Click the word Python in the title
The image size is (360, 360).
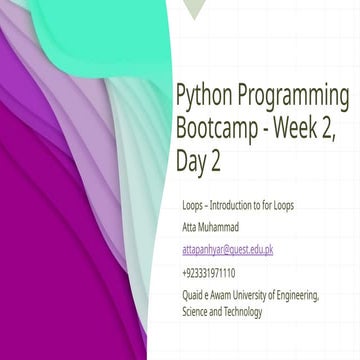(x=203, y=96)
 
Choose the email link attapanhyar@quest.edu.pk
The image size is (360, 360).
(x=227, y=250)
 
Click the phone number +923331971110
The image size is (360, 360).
(x=209, y=272)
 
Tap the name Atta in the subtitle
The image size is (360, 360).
(x=190, y=227)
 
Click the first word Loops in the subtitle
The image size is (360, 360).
(x=193, y=205)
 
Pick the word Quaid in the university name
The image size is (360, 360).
(x=194, y=295)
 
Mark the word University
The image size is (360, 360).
(x=265, y=295)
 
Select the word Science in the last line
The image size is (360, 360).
(x=196, y=311)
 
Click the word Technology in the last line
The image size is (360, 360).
(x=243, y=311)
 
